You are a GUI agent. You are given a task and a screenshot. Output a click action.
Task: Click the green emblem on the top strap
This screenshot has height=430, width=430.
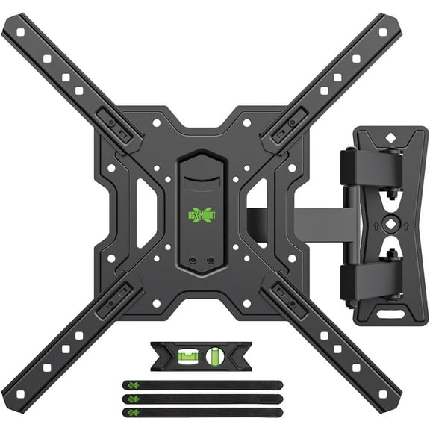(x=132, y=385)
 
